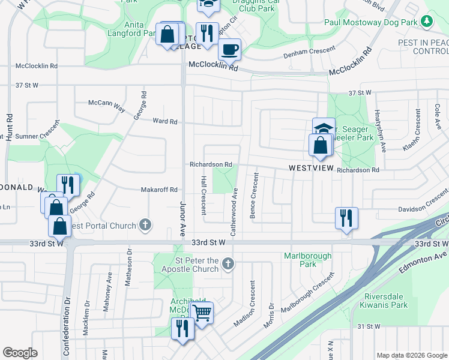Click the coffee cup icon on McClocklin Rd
229,49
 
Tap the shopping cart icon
202,313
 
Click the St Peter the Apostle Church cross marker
228,263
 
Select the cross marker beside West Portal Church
144,226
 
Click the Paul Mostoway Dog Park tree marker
427,22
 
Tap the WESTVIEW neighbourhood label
311,168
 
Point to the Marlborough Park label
307,260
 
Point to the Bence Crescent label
255,196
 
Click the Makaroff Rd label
159,190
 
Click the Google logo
20,353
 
